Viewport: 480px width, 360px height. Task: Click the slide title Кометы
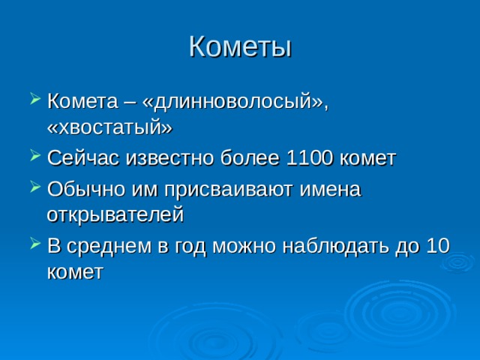pyautogui.click(x=240, y=46)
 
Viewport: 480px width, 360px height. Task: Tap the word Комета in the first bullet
pyautogui.click(x=82, y=101)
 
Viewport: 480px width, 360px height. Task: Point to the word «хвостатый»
pyautogui.click(x=110, y=127)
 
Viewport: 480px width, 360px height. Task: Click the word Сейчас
pyautogui.click(x=83, y=158)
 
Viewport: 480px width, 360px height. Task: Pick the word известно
pyautogui.click(x=169, y=158)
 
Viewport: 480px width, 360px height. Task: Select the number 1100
pyautogui.click(x=309, y=158)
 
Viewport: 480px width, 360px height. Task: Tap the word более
pyautogui.click(x=250, y=158)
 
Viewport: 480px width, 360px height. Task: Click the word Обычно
pyautogui.click(x=86, y=189)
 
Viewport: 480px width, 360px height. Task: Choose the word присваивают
pyautogui.click(x=228, y=190)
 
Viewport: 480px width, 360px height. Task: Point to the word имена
pyautogui.click(x=330, y=190)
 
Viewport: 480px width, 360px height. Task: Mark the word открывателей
pyautogui.click(x=115, y=214)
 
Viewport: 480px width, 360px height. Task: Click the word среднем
pyautogui.click(x=109, y=247)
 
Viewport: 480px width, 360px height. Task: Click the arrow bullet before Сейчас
pyautogui.click(x=35, y=155)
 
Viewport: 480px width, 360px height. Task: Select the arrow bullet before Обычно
pyautogui.click(x=35, y=187)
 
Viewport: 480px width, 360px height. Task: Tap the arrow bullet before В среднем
pyautogui.click(x=35, y=243)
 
